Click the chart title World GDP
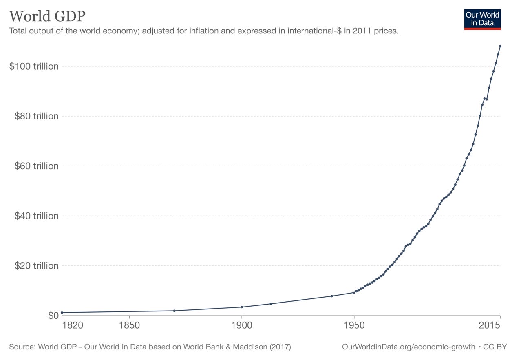point(47,16)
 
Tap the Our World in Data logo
point(482,19)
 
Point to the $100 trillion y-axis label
point(34,66)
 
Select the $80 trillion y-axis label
point(36,116)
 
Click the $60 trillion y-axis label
point(36,166)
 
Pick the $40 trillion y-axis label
point(36,216)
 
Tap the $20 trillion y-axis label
point(36,266)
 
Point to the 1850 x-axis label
point(129,325)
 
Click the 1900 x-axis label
point(242,325)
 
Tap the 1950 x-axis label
point(354,325)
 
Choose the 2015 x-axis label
point(489,325)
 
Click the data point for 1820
point(62,313)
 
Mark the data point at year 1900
point(242,307)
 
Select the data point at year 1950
point(354,292)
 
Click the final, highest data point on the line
point(500,46)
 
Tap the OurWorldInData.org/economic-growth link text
point(408,347)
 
